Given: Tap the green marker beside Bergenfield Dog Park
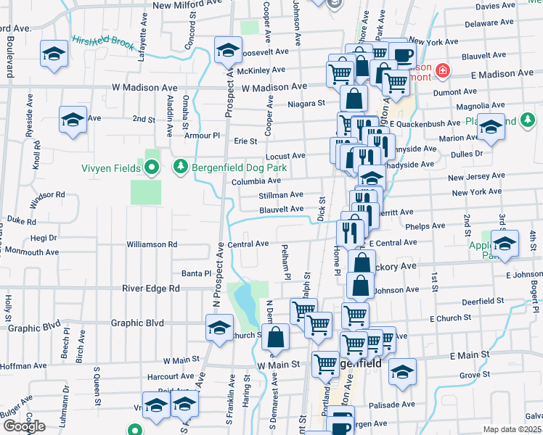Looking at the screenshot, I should click(x=181, y=167).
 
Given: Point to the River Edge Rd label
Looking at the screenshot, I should click(x=150, y=288).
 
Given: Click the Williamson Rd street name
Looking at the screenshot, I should click(x=152, y=244).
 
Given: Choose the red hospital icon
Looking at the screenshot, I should click(x=441, y=71).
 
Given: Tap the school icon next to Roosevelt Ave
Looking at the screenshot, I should click(x=228, y=51).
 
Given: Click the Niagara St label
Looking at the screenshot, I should click(x=306, y=104).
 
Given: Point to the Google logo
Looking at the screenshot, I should click(x=25, y=426).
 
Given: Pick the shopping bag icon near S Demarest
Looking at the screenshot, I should click(x=276, y=336).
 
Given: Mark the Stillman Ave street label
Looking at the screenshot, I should click(x=281, y=195).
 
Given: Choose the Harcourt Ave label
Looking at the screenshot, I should click(x=168, y=376).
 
